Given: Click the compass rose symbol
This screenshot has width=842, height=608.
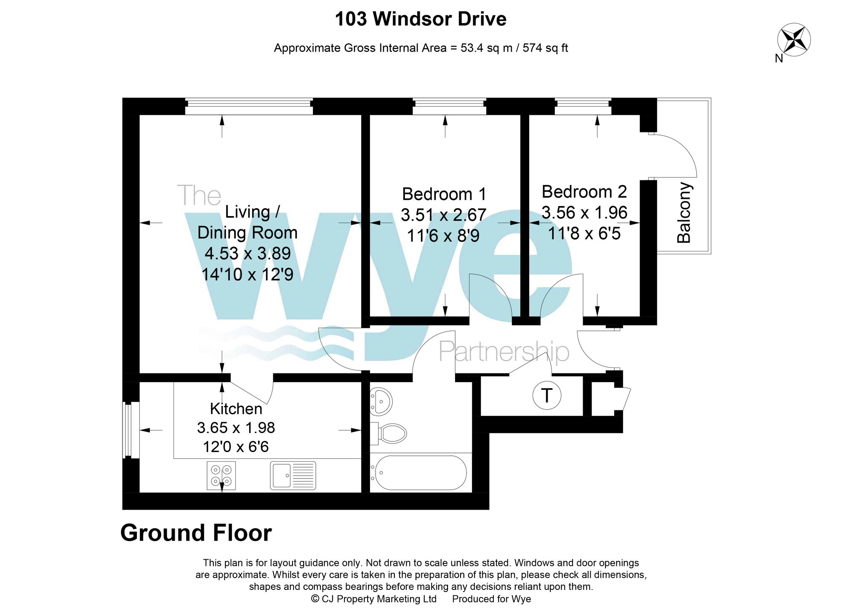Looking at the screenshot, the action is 794,40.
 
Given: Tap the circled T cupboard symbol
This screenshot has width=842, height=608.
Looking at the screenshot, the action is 546,395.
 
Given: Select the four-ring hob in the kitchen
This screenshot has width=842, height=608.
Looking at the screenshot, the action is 221,476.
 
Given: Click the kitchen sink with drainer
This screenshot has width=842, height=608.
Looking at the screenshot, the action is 293,476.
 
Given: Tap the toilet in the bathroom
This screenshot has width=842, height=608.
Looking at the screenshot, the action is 388,433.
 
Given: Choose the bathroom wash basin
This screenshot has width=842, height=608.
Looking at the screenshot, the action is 381,401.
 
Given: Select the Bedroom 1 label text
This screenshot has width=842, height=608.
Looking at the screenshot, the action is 444,194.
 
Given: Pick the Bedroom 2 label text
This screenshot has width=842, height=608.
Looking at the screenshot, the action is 584,192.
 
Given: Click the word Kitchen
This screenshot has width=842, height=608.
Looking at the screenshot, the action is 236,409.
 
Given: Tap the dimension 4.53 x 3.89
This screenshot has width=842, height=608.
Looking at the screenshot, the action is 248,254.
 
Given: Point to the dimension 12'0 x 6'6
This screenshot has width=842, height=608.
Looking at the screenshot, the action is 236,447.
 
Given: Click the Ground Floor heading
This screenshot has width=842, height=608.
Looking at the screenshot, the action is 196,533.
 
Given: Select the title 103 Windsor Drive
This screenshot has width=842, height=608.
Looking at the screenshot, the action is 421,19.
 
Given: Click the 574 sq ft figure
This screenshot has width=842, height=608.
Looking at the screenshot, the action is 545,48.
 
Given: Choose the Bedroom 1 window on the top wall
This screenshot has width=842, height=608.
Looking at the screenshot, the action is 449,106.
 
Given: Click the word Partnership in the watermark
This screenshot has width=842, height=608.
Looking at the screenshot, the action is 504,352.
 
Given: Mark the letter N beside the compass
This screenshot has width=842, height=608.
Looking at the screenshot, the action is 779,59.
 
